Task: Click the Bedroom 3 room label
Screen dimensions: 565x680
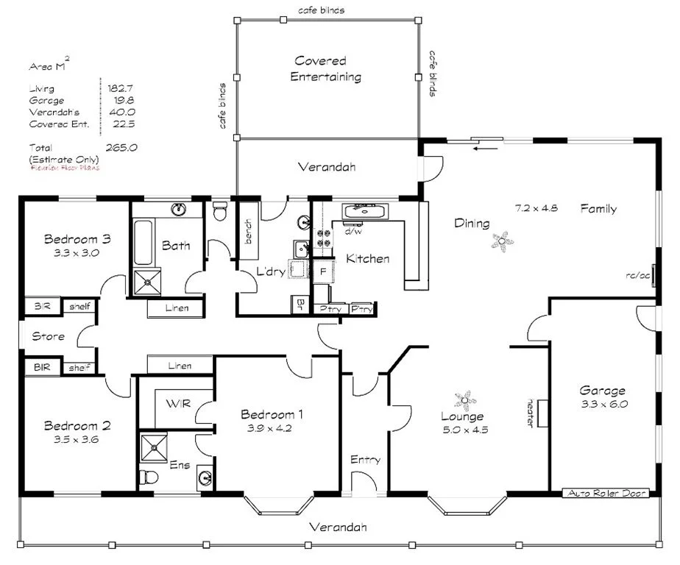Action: (77, 238)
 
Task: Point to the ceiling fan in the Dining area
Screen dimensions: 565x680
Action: (503, 239)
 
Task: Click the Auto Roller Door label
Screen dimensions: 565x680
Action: (606, 493)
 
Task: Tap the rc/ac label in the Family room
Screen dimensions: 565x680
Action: (637, 276)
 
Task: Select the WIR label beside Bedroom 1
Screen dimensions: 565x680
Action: (178, 404)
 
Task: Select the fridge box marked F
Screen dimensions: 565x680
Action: (322, 271)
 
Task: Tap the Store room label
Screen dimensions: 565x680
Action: (48, 336)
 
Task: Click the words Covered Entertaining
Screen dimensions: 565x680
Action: (326, 68)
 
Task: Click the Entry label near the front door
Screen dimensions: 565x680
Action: (365, 460)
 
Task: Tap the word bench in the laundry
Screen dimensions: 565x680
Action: (248, 233)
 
